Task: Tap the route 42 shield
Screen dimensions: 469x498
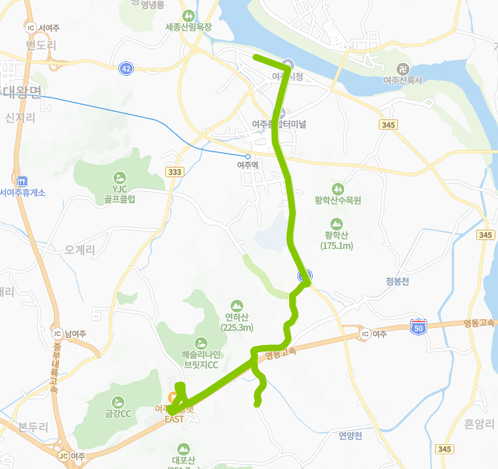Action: point(126,69)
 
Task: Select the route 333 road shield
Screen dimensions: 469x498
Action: point(174,172)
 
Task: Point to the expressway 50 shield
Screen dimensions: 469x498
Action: point(417,326)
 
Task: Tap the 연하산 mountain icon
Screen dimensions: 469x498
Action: point(236,306)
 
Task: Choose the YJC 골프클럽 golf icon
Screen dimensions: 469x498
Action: point(120,177)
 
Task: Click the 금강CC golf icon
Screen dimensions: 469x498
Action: point(117,401)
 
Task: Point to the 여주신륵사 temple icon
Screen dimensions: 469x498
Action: point(403,68)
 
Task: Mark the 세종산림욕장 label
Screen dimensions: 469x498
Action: point(188,27)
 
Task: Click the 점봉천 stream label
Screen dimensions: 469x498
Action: point(397,281)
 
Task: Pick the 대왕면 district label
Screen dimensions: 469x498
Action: point(22,92)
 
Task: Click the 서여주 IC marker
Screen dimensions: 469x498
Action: point(31,27)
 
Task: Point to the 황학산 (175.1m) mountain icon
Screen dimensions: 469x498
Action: point(337,223)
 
